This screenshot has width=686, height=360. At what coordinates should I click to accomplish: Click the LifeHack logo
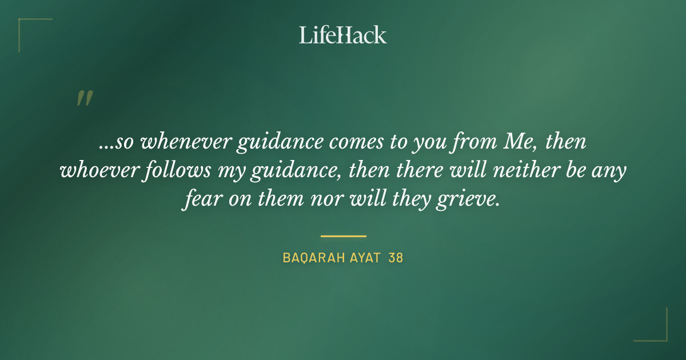coord(343,35)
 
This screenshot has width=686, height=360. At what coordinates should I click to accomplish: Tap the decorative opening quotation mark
coord(84,98)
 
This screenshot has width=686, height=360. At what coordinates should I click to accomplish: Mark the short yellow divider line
coord(343,236)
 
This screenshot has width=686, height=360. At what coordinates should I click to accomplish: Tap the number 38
coord(396,258)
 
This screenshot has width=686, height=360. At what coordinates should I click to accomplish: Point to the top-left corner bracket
coord(23,23)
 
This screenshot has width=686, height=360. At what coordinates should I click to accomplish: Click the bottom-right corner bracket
coord(663,337)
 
